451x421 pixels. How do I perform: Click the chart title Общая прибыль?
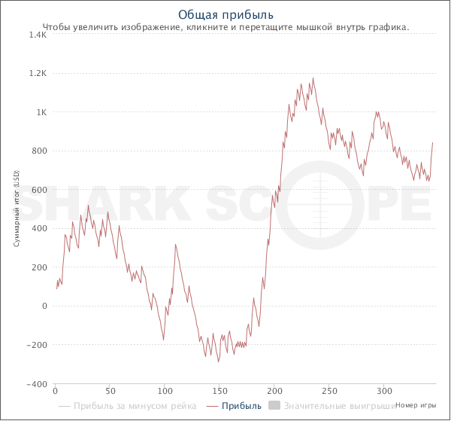click(225, 14)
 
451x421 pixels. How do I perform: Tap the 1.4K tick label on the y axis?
click(37, 35)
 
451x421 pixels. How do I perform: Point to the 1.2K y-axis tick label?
click(37, 74)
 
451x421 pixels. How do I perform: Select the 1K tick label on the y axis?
click(41, 112)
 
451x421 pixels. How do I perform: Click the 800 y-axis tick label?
click(40, 151)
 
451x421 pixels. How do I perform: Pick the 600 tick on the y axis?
click(40, 191)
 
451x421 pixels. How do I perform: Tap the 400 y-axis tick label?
click(40, 229)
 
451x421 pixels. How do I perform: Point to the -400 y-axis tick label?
click(37, 384)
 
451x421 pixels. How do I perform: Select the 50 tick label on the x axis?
click(110, 392)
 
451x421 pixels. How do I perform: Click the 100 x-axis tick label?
click(165, 392)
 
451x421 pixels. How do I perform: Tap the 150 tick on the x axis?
click(219, 392)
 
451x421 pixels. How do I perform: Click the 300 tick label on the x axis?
click(384, 392)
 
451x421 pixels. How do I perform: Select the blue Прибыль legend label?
click(242, 406)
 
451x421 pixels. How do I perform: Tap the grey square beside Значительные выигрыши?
click(274, 406)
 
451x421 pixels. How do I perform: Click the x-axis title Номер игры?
click(416, 404)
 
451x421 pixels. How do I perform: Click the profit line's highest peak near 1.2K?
click(313, 78)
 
